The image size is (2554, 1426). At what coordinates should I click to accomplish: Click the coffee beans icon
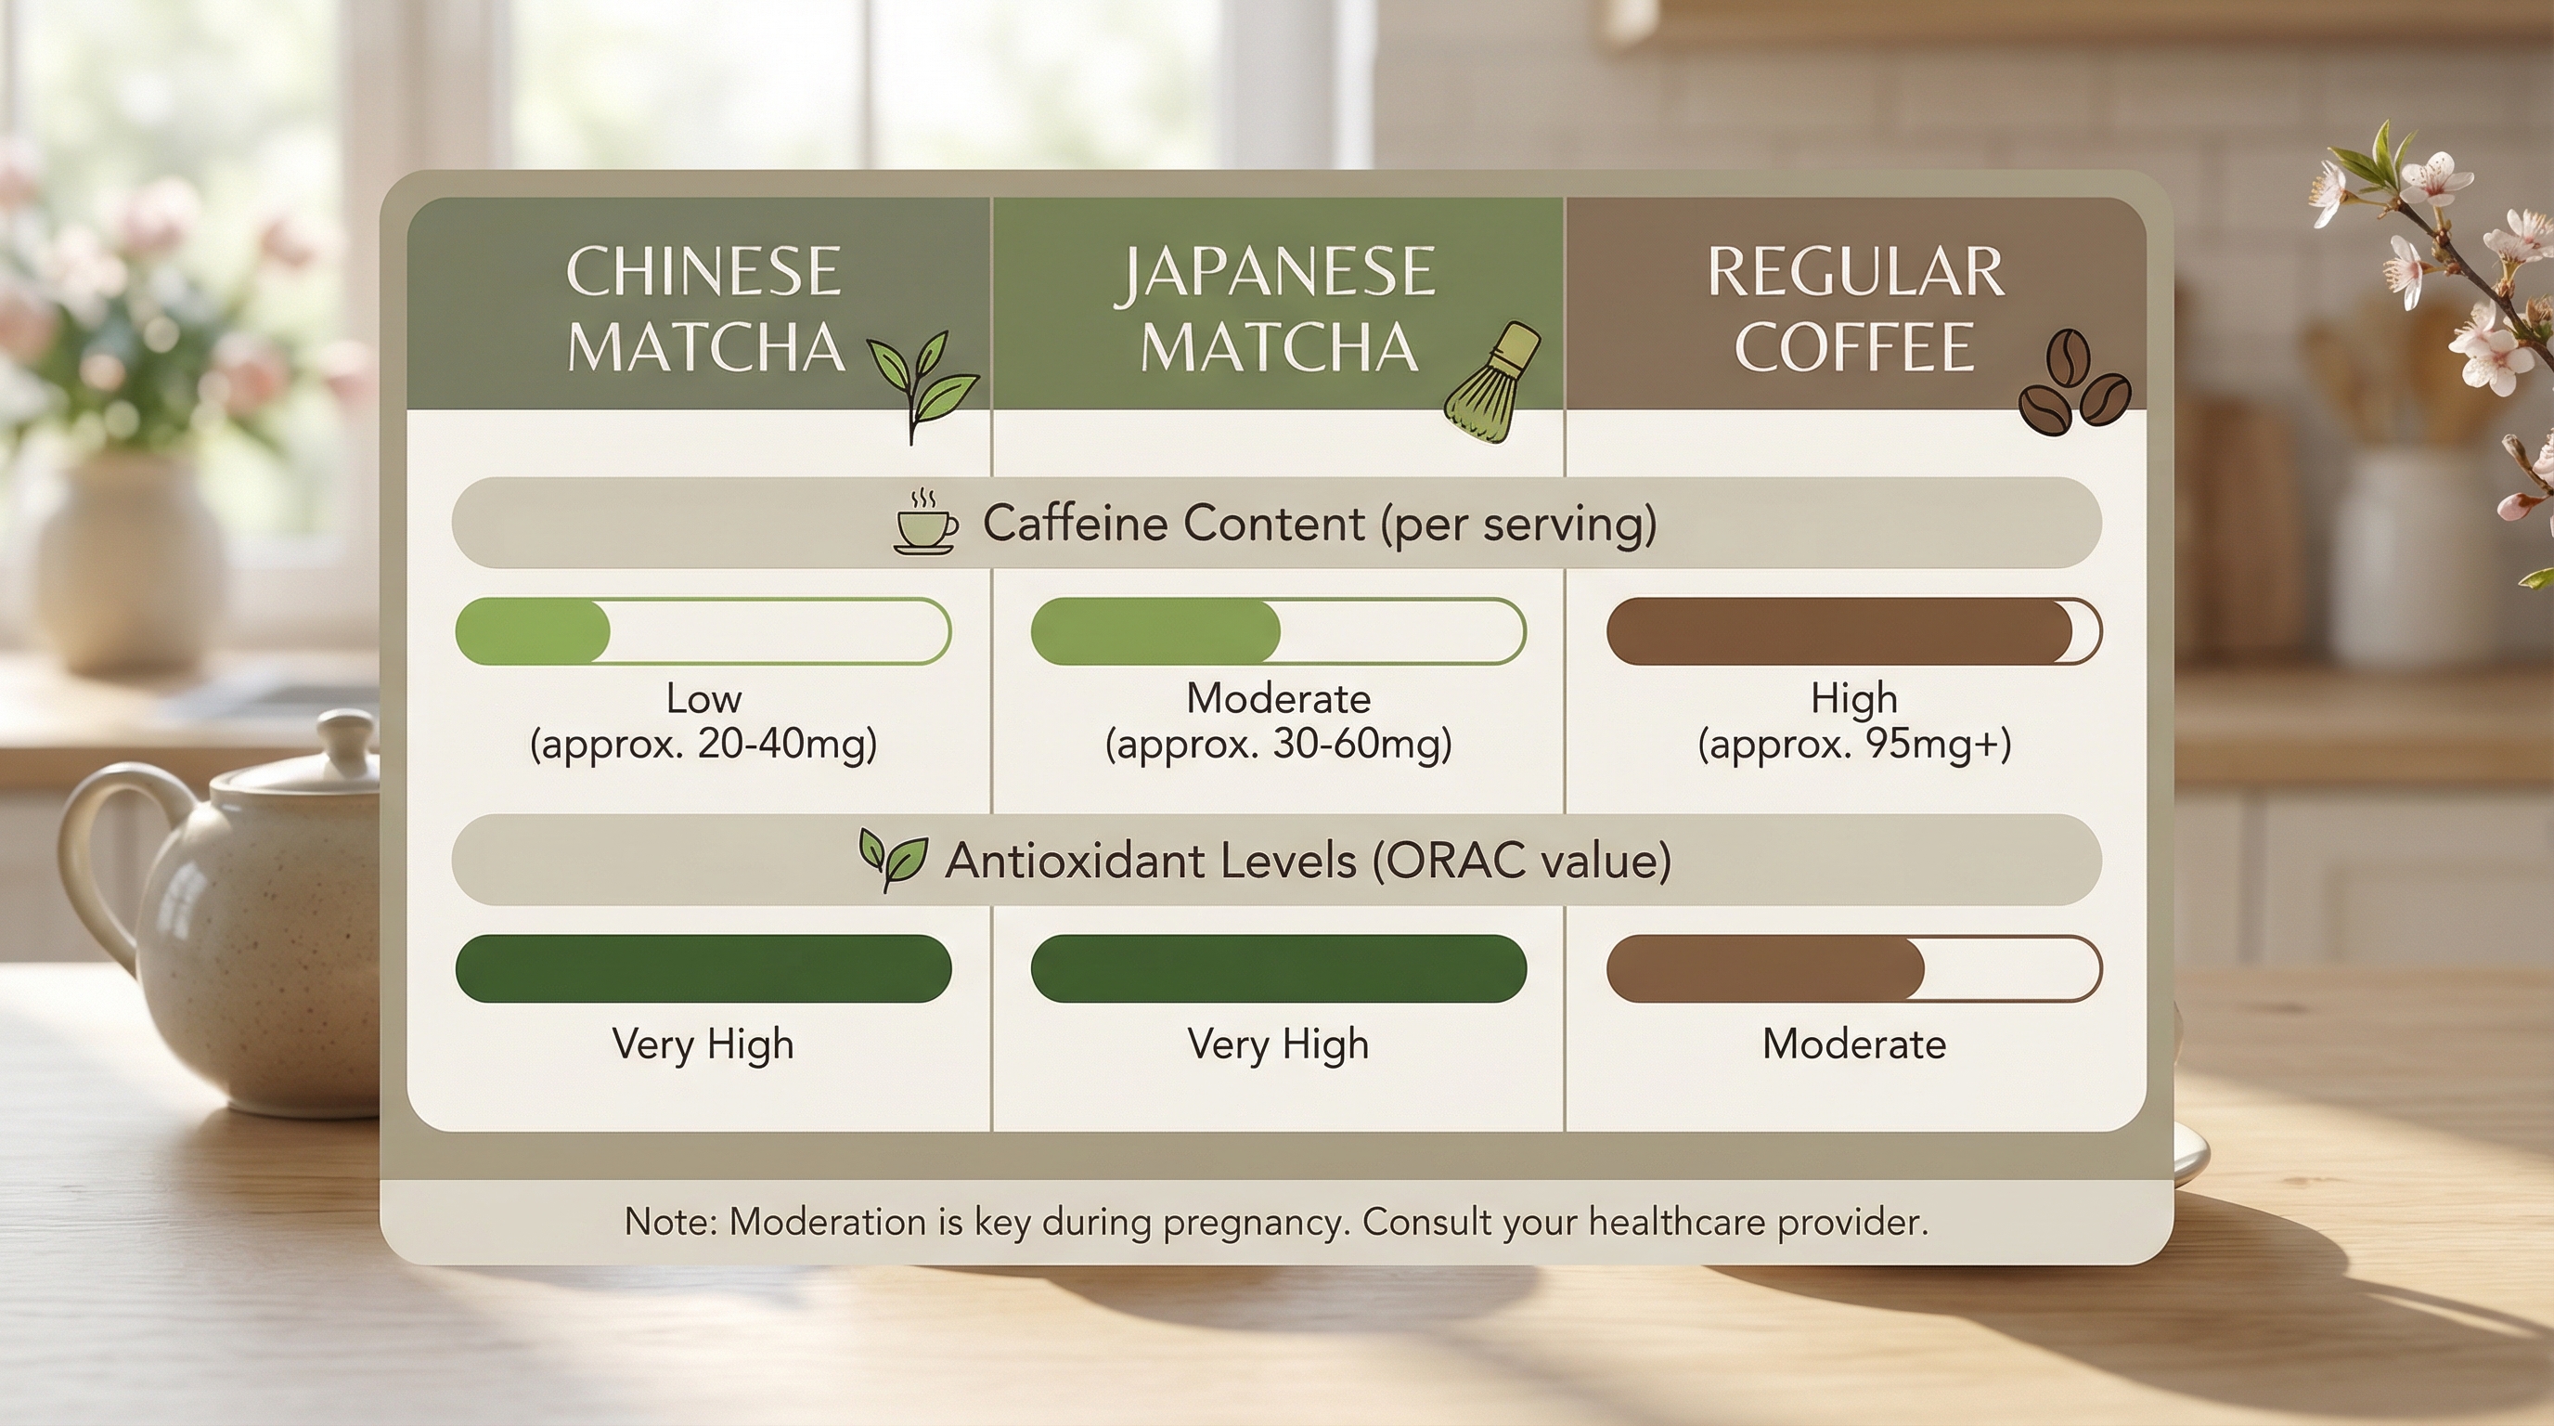[x=2074, y=382]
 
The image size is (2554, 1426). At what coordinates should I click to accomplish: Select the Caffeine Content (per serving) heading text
[x=1319, y=524]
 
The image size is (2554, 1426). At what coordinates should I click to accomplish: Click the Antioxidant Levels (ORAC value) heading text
[x=1308, y=860]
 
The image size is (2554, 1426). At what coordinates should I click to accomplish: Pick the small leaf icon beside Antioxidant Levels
[x=892, y=859]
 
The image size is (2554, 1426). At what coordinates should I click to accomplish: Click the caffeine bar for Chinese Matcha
[x=703, y=630]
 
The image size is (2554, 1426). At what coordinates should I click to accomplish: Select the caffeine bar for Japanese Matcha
[x=1278, y=630]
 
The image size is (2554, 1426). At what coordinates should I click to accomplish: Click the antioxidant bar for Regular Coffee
[x=1854, y=968]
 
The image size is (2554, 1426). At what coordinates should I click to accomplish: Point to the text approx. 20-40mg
[x=704, y=744]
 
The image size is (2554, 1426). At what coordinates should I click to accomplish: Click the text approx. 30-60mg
[x=1279, y=744]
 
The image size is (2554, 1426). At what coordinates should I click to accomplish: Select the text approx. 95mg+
[x=1854, y=744]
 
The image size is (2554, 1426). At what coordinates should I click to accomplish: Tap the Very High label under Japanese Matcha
[x=1278, y=1044]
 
